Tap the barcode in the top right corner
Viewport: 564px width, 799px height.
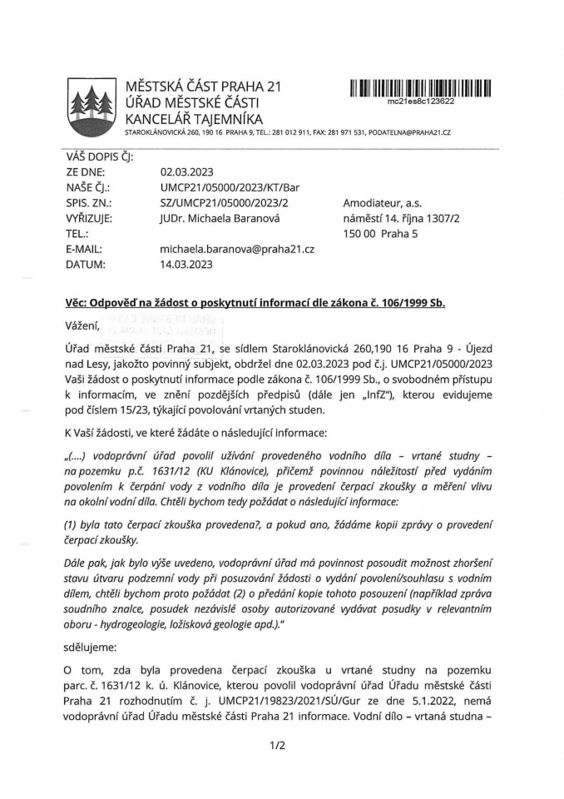(420, 87)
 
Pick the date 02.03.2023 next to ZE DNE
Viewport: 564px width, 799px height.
(186, 173)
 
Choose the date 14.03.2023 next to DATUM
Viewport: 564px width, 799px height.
(186, 265)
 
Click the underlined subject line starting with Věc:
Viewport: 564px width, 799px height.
(255, 302)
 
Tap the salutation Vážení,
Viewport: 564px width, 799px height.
(82, 324)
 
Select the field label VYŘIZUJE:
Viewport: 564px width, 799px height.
(92, 218)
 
